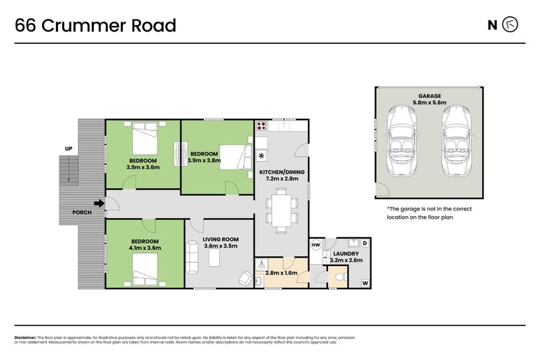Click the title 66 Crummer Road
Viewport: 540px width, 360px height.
click(95, 26)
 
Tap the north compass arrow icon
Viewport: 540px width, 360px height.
click(511, 26)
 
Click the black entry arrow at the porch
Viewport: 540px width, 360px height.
click(99, 203)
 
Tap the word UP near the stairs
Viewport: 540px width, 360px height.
click(68, 149)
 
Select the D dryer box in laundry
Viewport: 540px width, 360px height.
click(364, 242)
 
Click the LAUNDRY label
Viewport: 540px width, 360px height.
click(347, 254)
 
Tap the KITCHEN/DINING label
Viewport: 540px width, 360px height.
click(282, 173)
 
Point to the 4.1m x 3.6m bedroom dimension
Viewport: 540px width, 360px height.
click(145, 248)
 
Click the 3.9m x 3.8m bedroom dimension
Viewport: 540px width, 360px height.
click(202, 160)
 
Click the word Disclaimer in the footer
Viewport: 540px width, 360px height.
click(25, 337)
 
